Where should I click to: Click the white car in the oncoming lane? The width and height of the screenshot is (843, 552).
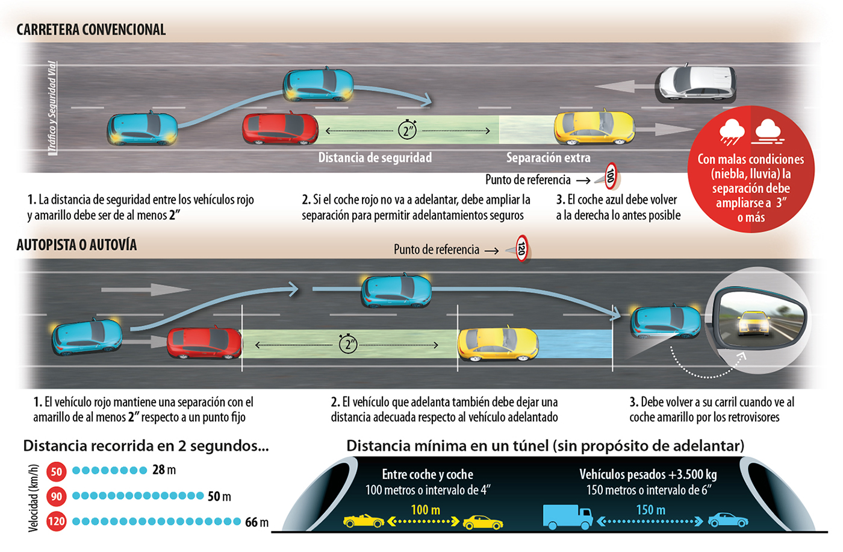click(x=697, y=83)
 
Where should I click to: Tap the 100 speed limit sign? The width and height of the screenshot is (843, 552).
click(x=611, y=176)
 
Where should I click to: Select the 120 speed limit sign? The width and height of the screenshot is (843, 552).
click(x=521, y=248)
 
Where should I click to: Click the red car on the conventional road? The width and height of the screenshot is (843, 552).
click(x=280, y=128)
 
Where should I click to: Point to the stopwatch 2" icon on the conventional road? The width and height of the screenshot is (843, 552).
click(x=408, y=129)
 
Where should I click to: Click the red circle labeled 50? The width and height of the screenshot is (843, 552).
click(x=57, y=471)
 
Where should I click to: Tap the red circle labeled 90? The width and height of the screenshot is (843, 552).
click(x=57, y=497)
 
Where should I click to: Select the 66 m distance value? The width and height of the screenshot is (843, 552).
click(x=257, y=522)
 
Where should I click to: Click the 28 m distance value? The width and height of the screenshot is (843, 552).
click(x=164, y=470)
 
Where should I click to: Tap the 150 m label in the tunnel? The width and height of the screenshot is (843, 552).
click(x=650, y=510)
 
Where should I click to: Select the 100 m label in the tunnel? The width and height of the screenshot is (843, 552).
click(x=425, y=510)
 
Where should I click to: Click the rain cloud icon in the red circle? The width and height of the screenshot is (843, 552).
click(x=732, y=132)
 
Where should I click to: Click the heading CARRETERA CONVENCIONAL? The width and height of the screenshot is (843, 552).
click(x=91, y=30)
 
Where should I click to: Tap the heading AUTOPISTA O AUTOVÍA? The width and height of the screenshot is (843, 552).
click(x=76, y=245)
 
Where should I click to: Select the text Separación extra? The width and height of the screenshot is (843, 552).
click(x=548, y=158)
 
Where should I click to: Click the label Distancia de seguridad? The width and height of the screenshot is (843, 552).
click(x=375, y=158)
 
